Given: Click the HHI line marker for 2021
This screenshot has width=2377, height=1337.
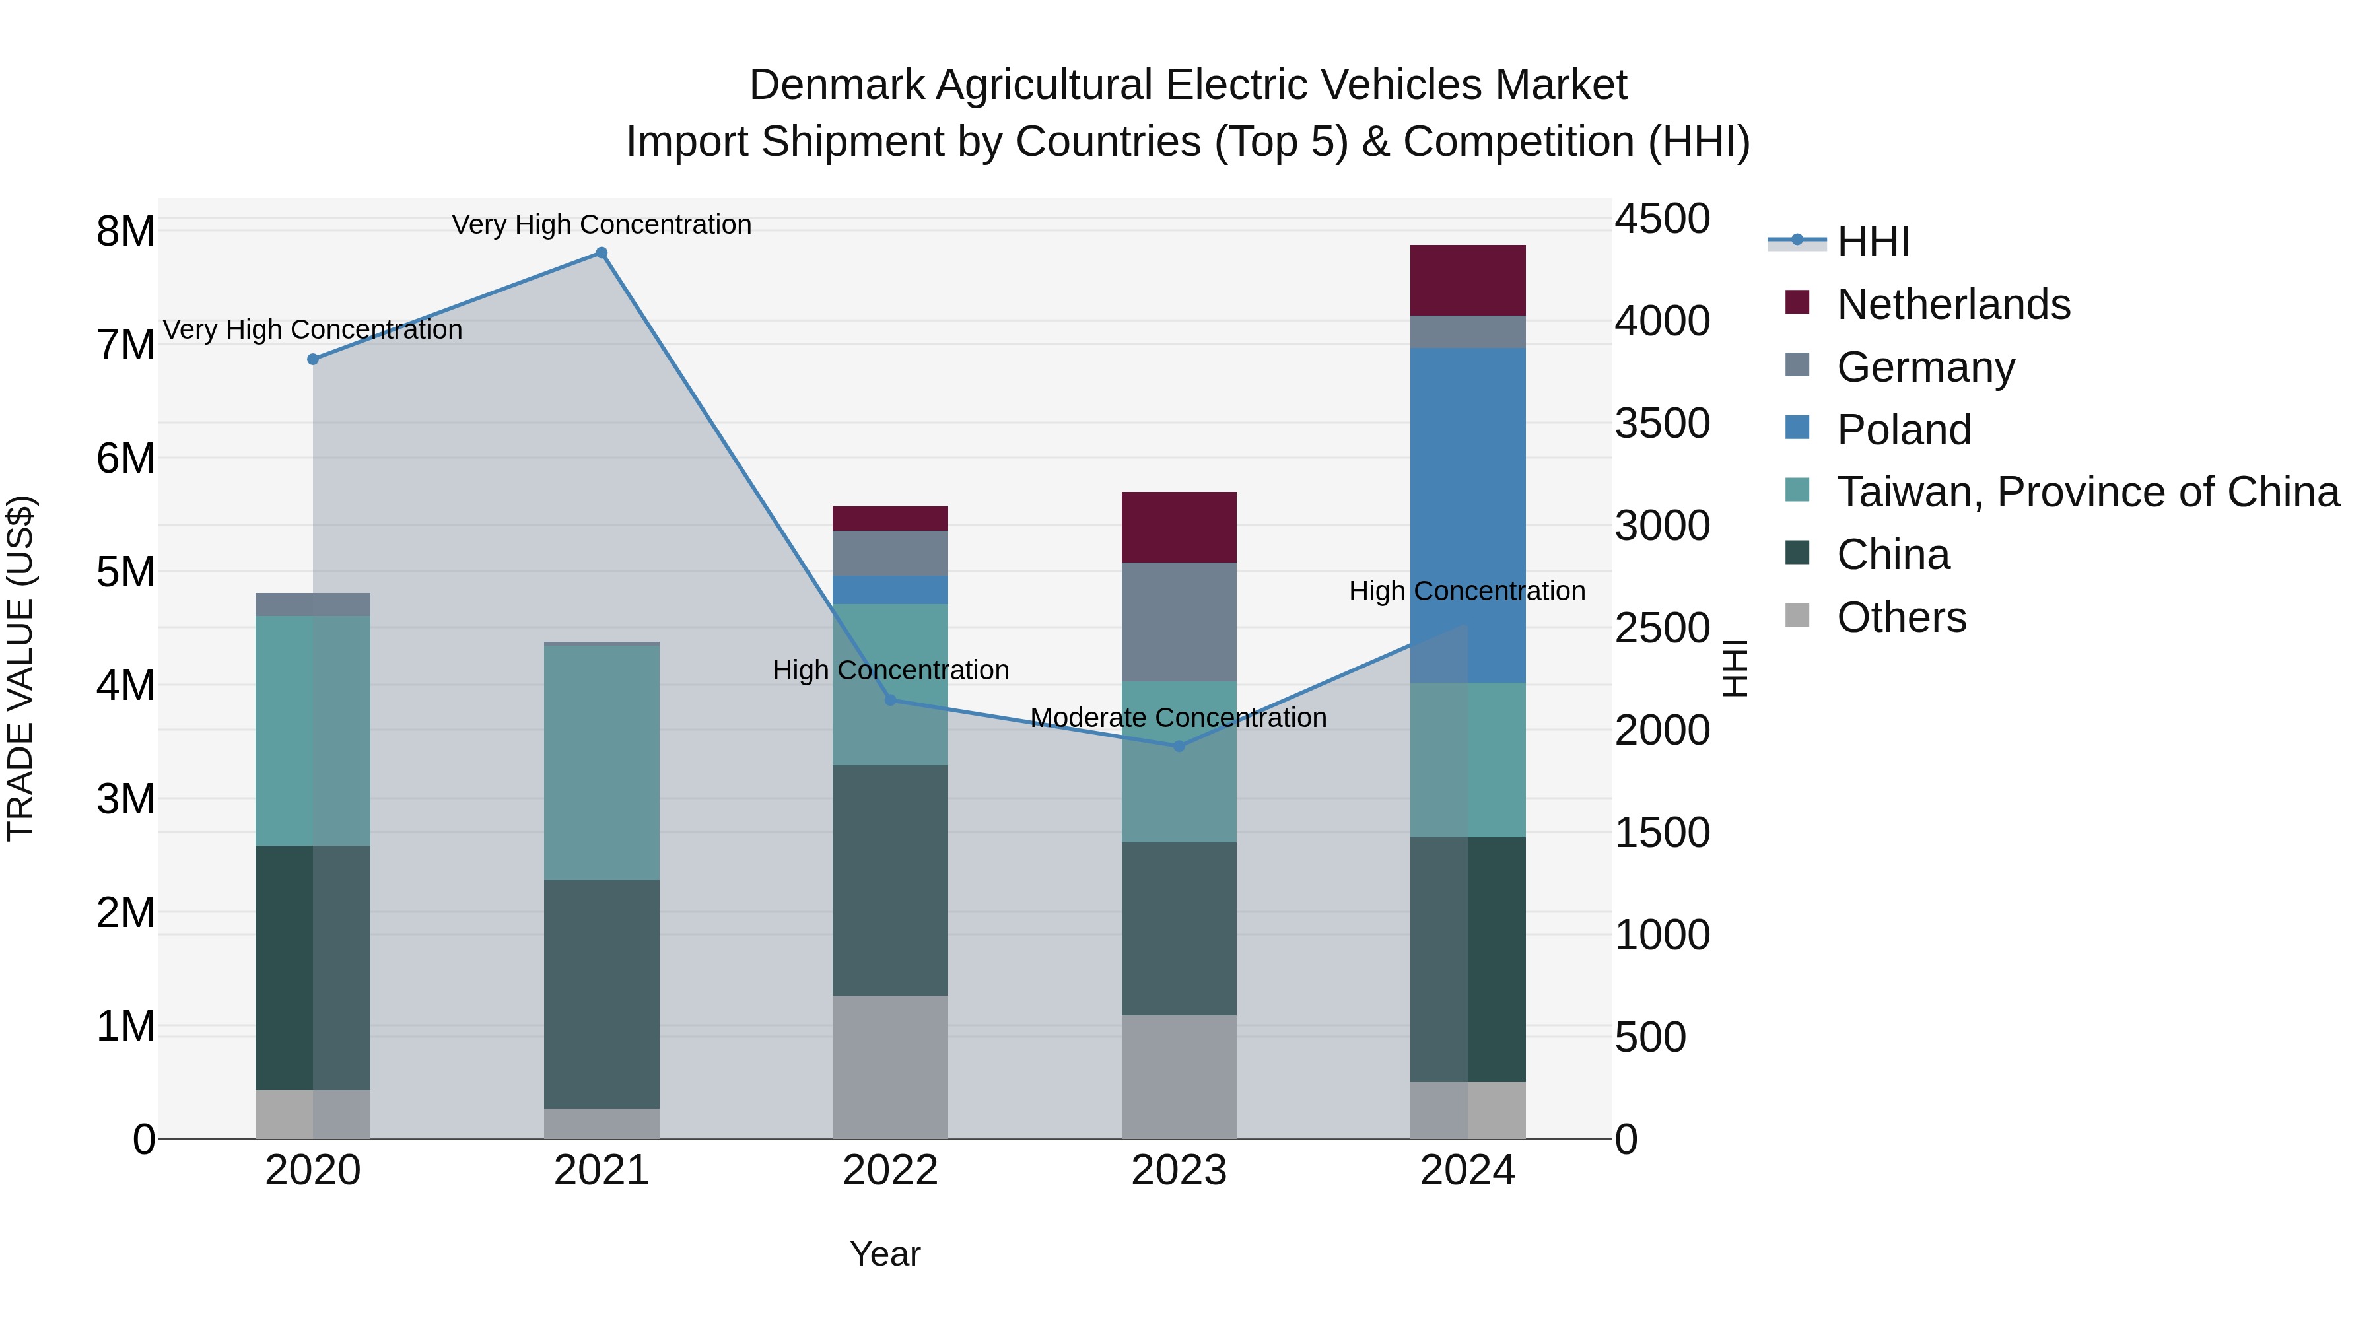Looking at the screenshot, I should pos(602,253).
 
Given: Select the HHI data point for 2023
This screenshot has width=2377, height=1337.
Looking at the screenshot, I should pos(1179,745).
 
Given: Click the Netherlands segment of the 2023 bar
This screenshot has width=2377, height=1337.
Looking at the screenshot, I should pos(1179,527).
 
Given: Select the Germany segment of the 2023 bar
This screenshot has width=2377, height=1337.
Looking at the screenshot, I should pos(1179,622).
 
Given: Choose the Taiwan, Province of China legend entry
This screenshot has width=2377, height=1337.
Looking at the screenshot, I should pos(2087,492).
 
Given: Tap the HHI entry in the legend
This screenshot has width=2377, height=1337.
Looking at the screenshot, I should pos(1873,242).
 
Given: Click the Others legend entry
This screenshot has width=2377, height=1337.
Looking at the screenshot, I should pos(1901,617).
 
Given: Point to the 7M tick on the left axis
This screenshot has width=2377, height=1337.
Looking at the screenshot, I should pos(126,345).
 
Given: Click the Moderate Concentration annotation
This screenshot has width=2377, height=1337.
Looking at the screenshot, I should pos(1179,717).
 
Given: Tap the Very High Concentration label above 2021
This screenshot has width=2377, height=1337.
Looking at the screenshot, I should pos(602,224).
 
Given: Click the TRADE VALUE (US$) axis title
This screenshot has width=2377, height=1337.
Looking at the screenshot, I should pos(21,668).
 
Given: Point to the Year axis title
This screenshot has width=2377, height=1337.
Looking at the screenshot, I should pos(885,1254).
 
